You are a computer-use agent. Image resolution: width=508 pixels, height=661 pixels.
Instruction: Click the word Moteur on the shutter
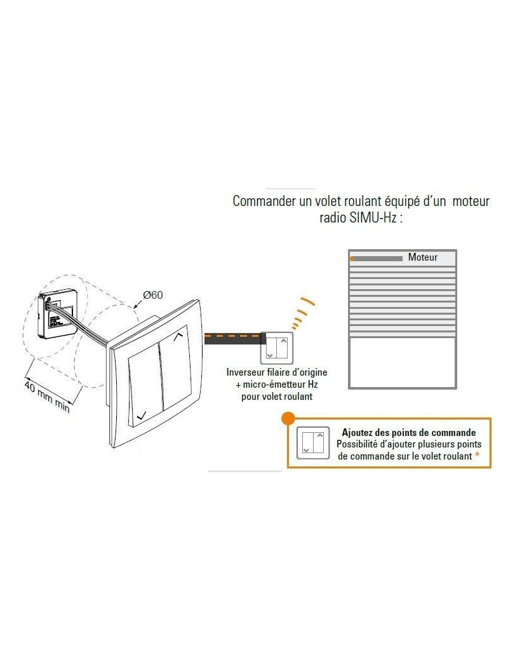[x=422, y=257]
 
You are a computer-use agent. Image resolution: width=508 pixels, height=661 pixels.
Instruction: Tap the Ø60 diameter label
[x=153, y=295]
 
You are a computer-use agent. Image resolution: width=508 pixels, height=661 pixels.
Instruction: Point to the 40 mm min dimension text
[x=47, y=397]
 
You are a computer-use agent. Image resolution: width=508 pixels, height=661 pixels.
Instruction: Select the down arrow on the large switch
[x=142, y=415]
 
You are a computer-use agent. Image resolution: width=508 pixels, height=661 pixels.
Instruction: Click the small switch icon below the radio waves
[x=277, y=348]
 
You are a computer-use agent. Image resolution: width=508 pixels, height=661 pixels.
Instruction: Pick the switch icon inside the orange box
[x=313, y=442]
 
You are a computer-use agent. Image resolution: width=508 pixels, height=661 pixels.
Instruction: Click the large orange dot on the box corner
[x=288, y=418]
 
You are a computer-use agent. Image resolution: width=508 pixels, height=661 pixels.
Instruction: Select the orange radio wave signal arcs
[x=303, y=313]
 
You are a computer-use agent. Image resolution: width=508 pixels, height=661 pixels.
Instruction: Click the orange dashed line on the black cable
[x=232, y=336]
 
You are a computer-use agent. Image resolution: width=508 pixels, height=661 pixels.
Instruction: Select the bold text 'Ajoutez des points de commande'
[x=408, y=433]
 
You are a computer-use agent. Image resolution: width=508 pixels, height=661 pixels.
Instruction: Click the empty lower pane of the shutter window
[x=402, y=362]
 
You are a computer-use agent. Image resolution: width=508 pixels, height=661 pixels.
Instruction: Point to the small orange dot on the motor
[x=352, y=259]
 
